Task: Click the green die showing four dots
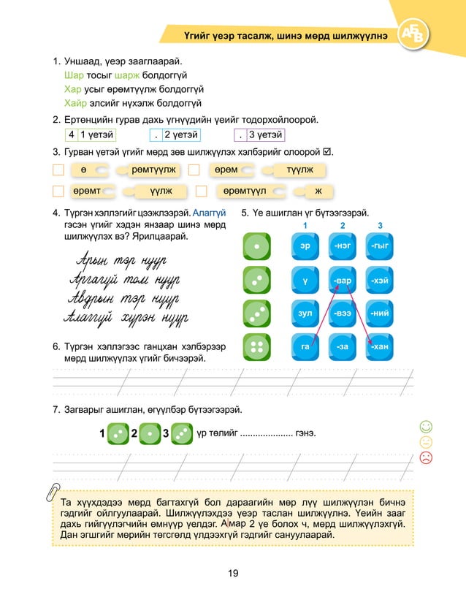click(256, 346)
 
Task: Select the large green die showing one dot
click(256, 248)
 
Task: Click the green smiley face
click(427, 426)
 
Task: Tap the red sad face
click(427, 457)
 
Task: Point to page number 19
click(233, 572)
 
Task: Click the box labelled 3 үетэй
click(259, 134)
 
